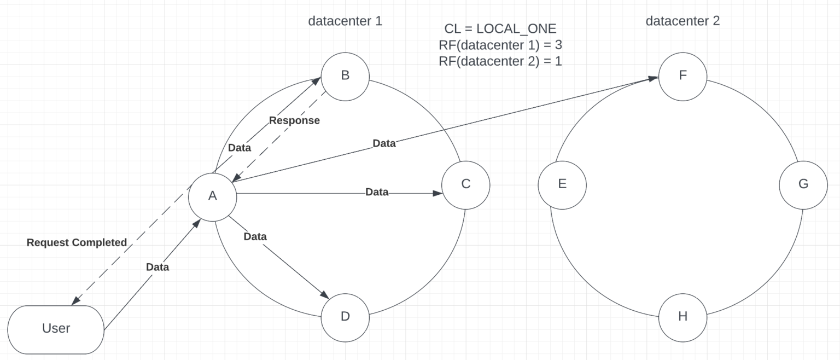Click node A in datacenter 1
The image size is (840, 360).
[212, 196]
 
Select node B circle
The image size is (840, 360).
[345, 76]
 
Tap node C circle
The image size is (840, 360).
[465, 184]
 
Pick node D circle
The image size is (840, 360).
[345, 317]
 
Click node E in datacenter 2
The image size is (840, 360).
[562, 184]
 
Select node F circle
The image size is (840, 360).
[682, 76]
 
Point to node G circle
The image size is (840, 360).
[803, 184]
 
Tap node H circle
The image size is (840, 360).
[682, 317]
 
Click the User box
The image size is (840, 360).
[56, 329]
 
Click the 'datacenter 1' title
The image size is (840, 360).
[345, 21]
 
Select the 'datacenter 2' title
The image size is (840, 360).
[682, 21]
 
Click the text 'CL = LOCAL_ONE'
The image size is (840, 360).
[500, 30]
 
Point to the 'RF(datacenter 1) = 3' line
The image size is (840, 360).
[500, 45]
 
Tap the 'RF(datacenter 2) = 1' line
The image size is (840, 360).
[500, 61]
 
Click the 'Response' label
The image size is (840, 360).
[294, 120]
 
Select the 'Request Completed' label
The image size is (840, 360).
[77, 242]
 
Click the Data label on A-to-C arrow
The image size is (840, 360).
[377, 192]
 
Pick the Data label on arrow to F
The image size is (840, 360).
[384, 143]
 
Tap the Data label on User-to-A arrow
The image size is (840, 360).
[157, 267]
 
